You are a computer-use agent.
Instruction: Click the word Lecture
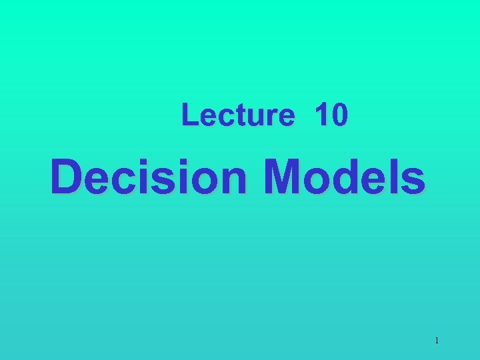[237, 115]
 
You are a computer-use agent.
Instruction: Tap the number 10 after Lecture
[331, 115]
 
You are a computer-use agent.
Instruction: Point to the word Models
[344, 177]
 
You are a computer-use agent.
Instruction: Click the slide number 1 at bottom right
[437, 341]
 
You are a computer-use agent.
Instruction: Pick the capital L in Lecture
[189, 115]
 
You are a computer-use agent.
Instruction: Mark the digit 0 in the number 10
[339, 115]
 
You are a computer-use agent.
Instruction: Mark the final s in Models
[413, 181]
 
